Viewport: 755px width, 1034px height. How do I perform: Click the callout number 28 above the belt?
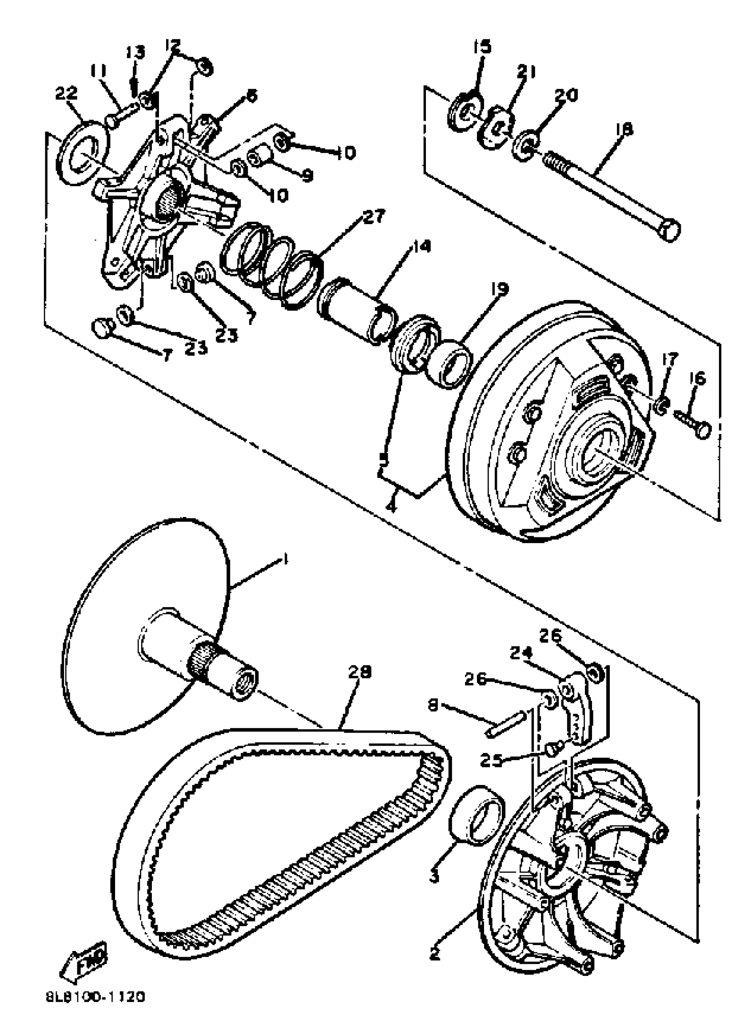(360, 672)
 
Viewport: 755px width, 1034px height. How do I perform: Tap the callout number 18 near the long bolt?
(624, 129)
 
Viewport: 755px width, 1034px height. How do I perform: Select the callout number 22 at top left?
(66, 94)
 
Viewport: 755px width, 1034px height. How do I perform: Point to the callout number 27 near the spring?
(375, 217)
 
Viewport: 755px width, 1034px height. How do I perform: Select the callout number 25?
(490, 760)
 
